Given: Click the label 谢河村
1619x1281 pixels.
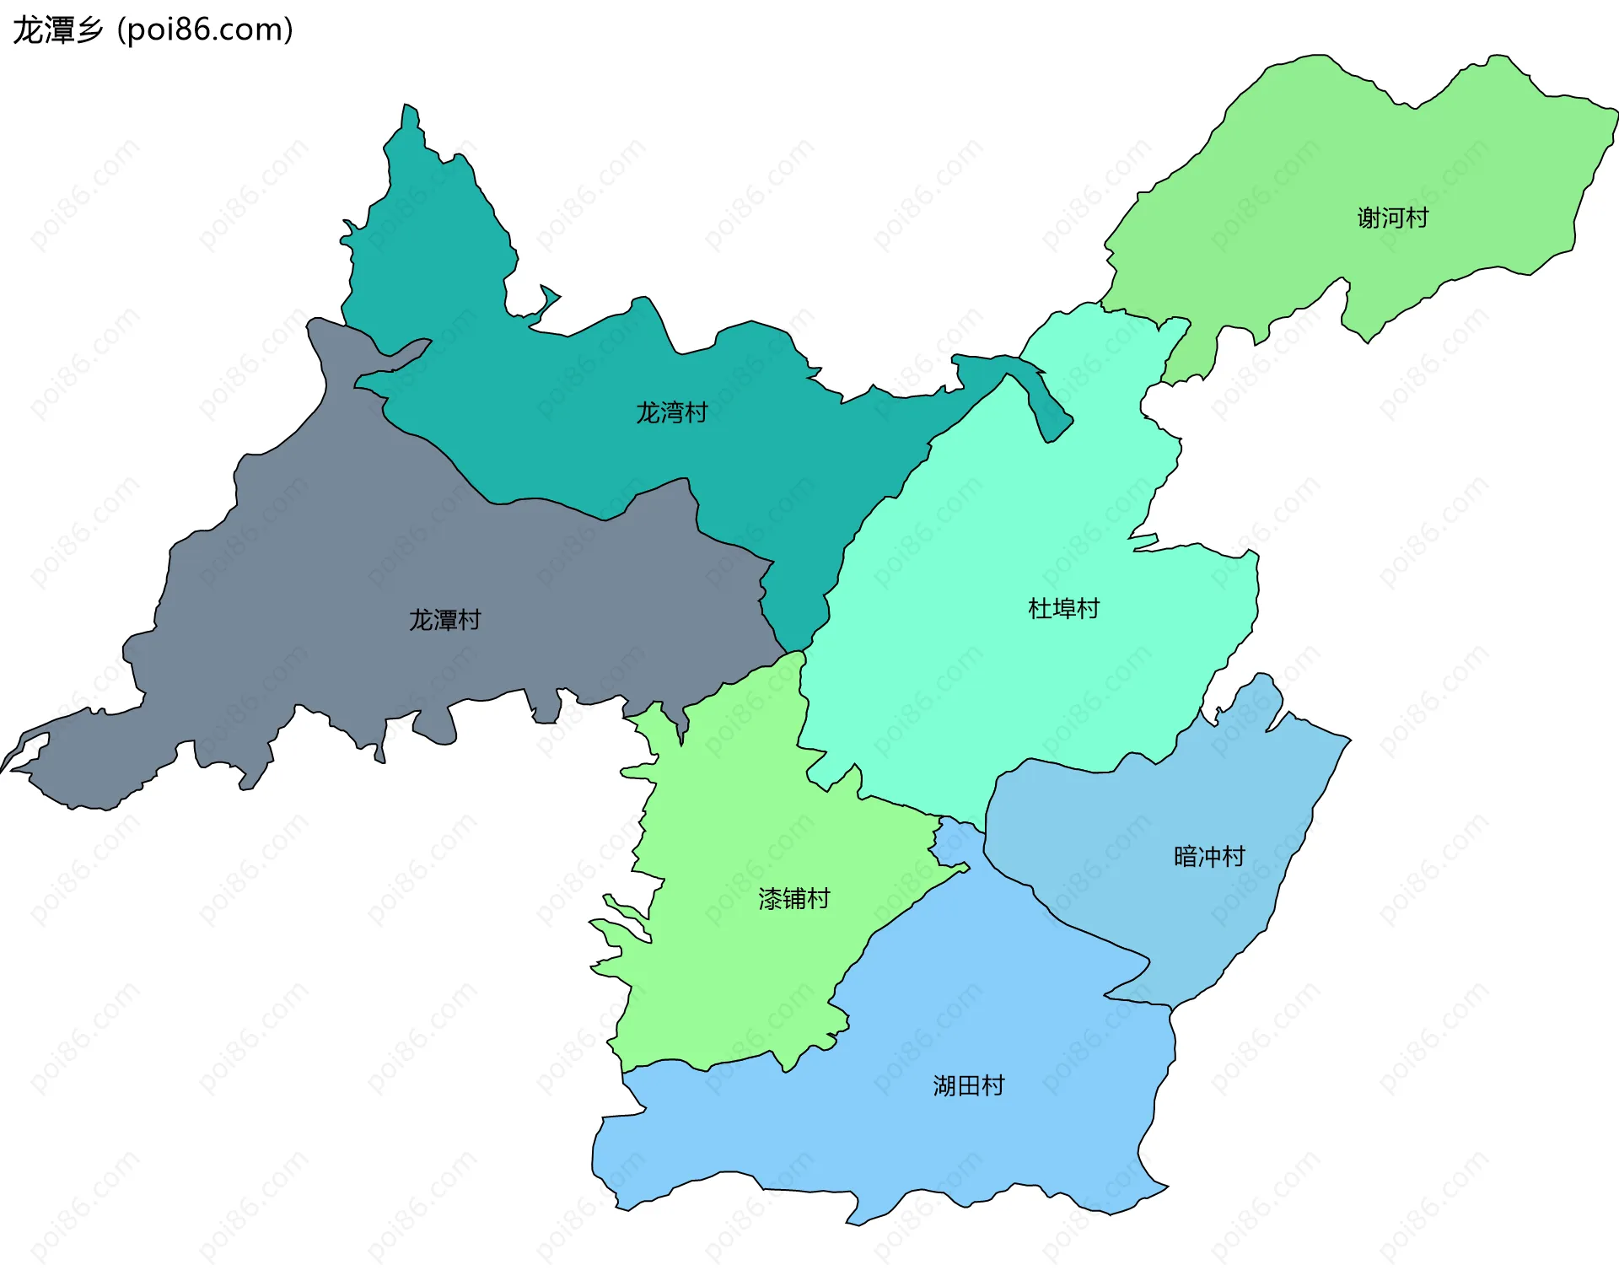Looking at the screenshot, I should pyautogui.click(x=1392, y=218).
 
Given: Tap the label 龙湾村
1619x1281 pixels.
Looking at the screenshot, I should pyautogui.click(x=671, y=413).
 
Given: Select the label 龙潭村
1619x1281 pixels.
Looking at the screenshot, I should pyautogui.click(x=444, y=621).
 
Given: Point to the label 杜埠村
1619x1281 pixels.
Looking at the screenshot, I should pyautogui.click(x=1063, y=609).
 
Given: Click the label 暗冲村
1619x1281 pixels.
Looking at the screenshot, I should pyautogui.click(x=1209, y=857).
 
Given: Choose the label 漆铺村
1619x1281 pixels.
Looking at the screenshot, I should pyautogui.click(x=793, y=899).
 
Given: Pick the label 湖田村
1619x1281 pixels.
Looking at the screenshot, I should pyautogui.click(x=968, y=1085).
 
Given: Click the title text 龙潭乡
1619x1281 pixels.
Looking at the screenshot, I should pyautogui.click(x=57, y=30).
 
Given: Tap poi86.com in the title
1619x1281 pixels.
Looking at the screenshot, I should pyautogui.click(x=205, y=30).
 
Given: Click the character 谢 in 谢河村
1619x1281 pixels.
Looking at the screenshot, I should pyautogui.click(x=1369, y=218).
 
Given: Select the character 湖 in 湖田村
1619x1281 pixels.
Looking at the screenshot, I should pyautogui.click(x=944, y=1085).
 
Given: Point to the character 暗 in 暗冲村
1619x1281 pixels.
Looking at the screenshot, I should pyautogui.click(x=1186, y=857).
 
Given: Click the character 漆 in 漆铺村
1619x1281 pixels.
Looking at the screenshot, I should pyautogui.click(x=770, y=899).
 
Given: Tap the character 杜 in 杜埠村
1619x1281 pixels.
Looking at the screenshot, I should pyautogui.click(x=1040, y=609).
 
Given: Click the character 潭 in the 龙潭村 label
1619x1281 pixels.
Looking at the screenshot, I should pyautogui.click(x=444, y=621).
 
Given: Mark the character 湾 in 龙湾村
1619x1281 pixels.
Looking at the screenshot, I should pyautogui.click(x=671, y=413).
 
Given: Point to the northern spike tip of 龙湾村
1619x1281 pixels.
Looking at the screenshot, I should pyautogui.click(x=409, y=107).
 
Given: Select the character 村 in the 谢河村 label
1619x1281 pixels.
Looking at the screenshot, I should pyautogui.click(x=1417, y=218).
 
